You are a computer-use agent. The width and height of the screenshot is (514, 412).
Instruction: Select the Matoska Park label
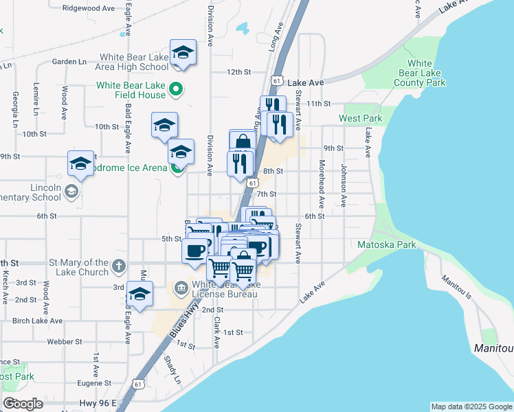pyautogui.click(x=387, y=244)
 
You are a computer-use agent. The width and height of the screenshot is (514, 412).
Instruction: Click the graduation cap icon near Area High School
pyautogui.click(x=183, y=52)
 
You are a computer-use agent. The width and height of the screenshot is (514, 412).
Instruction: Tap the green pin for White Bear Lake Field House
pyautogui.click(x=176, y=89)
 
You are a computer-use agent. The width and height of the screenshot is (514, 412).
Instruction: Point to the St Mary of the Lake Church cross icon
pyautogui.click(x=119, y=265)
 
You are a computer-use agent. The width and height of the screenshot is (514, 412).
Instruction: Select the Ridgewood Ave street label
pyautogui.click(x=89, y=8)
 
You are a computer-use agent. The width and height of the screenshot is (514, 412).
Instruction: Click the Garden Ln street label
pyautogui.click(x=68, y=61)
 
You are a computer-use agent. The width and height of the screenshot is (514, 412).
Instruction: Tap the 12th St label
pyautogui.click(x=238, y=71)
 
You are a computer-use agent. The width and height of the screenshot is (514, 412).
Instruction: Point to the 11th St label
pyautogui.click(x=319, y=103)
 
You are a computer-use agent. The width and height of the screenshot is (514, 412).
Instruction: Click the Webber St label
pyautogui.click(x=65, y=341)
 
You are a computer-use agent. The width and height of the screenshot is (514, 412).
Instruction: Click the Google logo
pyautogui.click(x=23, y=404)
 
